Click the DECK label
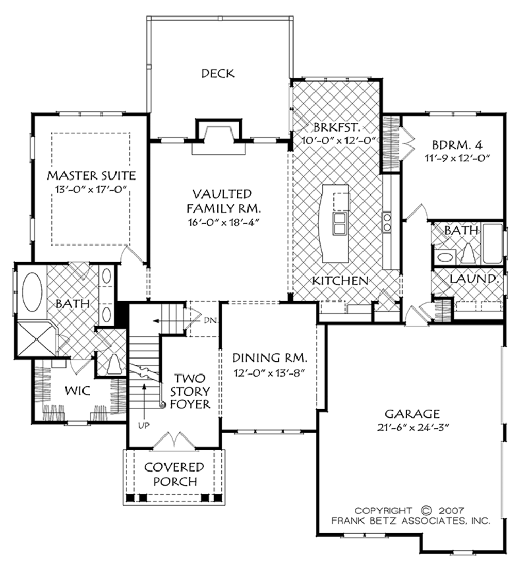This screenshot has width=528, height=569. coord(218,73)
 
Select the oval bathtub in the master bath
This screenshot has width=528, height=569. coord(32,291)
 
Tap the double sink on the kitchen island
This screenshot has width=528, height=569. coord(340,222)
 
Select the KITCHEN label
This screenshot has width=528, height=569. coord(340,281)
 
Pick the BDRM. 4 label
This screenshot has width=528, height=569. coord(454,144)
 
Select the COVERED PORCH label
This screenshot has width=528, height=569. coord(174,475)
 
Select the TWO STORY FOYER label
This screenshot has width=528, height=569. coord(191,391)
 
